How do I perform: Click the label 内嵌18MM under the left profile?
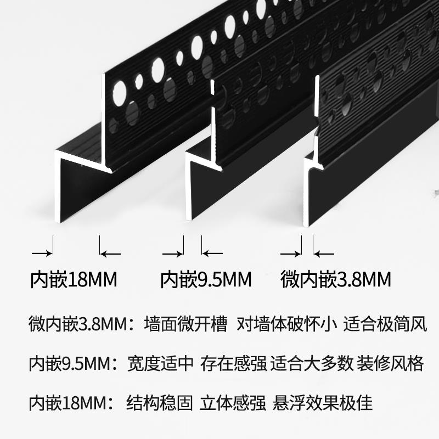74,280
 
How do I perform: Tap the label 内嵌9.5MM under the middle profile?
206,280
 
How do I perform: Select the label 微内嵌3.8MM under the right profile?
335,280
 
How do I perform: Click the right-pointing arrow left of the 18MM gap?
42,253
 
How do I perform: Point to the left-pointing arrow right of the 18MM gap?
110,253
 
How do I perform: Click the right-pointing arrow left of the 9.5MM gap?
173,253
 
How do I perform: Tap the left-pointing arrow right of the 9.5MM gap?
212,253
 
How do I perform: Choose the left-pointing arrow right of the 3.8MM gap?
323,253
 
